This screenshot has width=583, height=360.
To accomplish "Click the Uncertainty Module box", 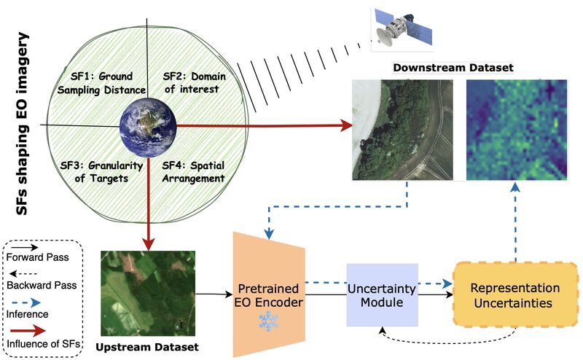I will [x=383, y=294].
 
